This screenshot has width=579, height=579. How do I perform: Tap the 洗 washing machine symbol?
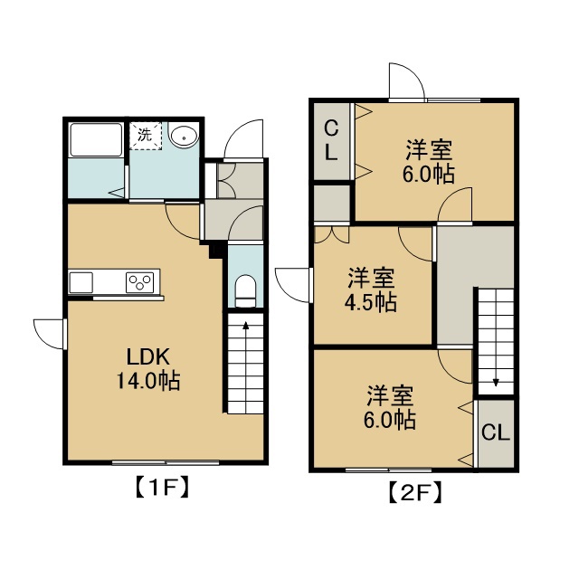coord(146,136)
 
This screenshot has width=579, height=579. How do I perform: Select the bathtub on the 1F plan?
coord(96,139)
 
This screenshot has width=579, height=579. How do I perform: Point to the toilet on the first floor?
coord(245,291)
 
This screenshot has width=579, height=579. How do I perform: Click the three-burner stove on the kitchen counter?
coord(140,282)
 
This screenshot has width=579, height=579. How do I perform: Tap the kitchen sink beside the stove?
coord(81,282)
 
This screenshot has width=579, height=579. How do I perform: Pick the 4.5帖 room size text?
coord(371,303)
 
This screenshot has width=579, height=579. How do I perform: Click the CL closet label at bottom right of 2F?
coord(496,432)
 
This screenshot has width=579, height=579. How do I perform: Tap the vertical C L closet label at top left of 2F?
coord(331,141)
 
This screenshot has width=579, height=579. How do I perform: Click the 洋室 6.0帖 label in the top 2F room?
coord(428,161)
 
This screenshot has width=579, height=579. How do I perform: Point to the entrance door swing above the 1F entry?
coord(243,138)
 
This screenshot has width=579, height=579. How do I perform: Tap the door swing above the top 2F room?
coord(407,81)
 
